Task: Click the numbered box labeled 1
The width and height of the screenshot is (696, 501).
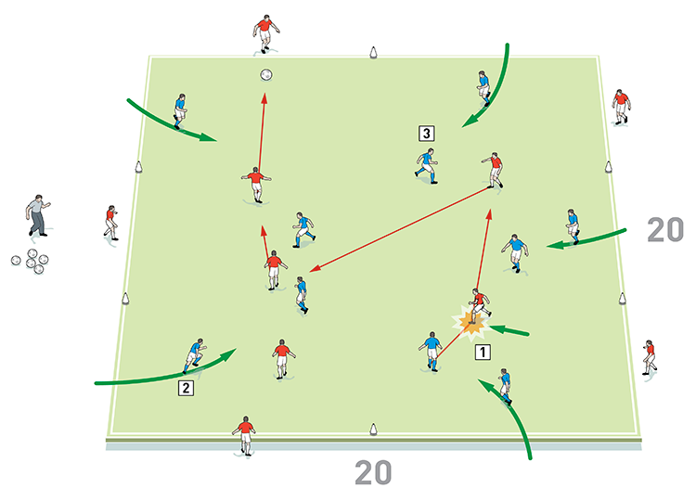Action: pyautogui.click(x=483, y=352)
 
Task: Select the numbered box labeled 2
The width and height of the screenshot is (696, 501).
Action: pyautogui.click(x=186, y=388)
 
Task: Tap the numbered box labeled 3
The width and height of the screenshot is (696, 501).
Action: pyautogui.click(x=426, y=133)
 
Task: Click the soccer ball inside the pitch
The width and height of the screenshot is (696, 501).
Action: pyautogui.click(x=266, y=74)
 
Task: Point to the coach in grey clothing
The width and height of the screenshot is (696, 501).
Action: pyautogui.click(x=38, y=215)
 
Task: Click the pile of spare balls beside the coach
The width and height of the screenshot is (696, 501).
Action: pyautogui.click(x=31, y=261)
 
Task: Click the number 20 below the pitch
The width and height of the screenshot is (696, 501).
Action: pyautogui.click(x=373, y=473)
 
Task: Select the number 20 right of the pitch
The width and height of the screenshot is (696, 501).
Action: pyautogui.click(x=665, y=230)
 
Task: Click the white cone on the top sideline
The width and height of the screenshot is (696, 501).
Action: pyautogui.click(x=373, y=53)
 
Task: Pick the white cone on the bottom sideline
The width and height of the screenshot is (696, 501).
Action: pyautogui.click(x=373, y=430)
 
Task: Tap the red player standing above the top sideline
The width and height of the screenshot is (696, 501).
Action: pyautogui.click(x=265, y=34)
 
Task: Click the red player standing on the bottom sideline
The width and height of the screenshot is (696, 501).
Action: pyautogui.click(x=245, y=436)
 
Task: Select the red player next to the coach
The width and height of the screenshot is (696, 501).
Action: pyautogui.click(x=111, y=223)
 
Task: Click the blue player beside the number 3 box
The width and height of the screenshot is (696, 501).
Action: pyautogui.click(x=427, y=166)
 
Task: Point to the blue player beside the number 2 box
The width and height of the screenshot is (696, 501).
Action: pyautogui.click(x=195, y=356)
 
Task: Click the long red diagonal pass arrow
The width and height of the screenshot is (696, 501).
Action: pyautogui.click(x=399, y=229)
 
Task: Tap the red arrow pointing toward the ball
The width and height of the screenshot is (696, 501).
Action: pyautogui.click(x=262, y=133)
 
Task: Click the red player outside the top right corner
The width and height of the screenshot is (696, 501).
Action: pyautogui.click(x=621, y=107)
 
